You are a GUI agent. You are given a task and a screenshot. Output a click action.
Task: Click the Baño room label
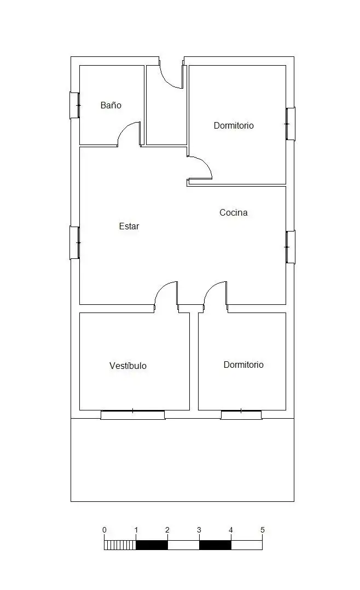(x=111, y=105)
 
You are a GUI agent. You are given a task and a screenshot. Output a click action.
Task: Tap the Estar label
(x=129, y=226)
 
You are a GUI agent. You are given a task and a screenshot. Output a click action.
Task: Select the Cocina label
(x=233, y=212)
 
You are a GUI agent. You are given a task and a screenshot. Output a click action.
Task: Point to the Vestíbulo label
(x=128, y=366)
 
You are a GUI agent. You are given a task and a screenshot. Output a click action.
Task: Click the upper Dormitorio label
(x=234, y=125)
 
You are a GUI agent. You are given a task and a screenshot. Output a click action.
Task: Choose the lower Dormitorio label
(x=243, y=365)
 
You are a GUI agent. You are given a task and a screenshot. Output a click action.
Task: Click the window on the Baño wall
(x=75, y=105)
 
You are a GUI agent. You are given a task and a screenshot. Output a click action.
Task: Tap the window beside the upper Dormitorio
(x=290, y=124)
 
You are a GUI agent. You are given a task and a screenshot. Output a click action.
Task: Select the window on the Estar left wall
(x=75, y=242)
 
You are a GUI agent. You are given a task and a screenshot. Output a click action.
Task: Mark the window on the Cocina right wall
(x=290, y=247)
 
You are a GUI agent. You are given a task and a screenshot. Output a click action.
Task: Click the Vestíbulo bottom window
(x=133, y=415)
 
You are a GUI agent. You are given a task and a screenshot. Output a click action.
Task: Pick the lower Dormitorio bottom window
(x=241, y=415)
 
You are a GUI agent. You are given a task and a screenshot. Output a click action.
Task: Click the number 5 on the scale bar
(x=263, y=530)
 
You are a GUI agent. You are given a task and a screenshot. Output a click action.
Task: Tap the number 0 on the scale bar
(x=104, y=530)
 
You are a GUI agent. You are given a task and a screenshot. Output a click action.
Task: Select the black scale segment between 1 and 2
(x=152, y=545)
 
